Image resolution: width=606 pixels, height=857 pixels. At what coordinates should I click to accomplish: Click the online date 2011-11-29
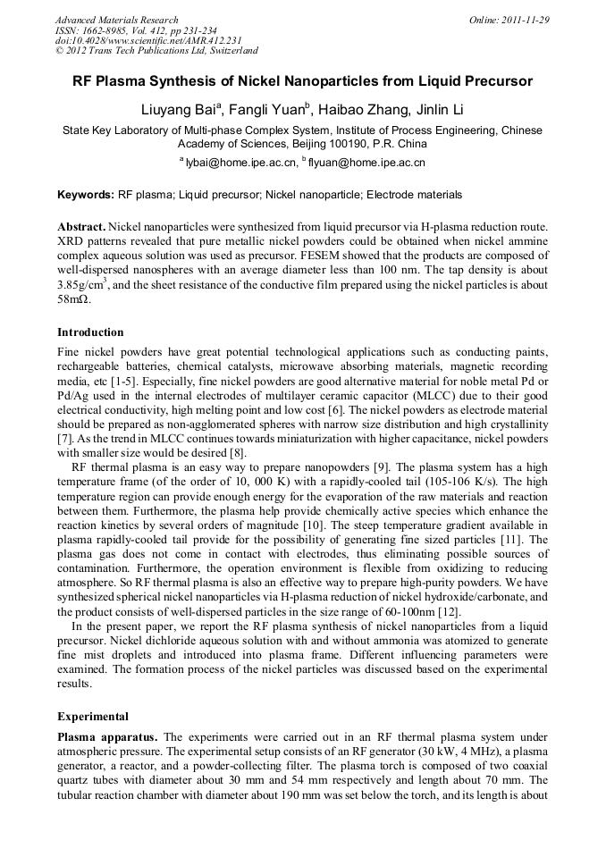tap(525, 20)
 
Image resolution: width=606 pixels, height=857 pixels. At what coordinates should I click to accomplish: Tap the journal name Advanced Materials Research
tap(116, 20)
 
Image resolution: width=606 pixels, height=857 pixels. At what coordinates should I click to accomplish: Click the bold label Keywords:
tap(86, 195)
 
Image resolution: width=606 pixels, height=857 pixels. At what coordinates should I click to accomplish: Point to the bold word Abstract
tap(81, 228)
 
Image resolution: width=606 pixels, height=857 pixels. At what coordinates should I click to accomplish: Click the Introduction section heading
tap(90, 332)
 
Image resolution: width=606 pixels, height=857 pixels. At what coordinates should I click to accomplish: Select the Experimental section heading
tap(93, 716)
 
